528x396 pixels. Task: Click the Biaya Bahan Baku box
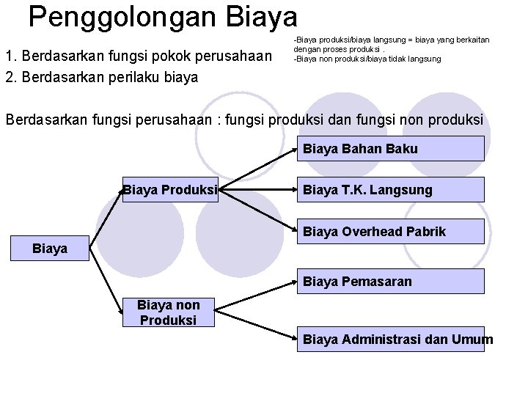(x=391, y=149)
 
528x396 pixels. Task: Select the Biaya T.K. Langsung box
(x=391, y=190)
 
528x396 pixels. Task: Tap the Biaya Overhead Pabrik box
(x=391, y=232)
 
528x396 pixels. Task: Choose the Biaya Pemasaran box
(x=391, y=281)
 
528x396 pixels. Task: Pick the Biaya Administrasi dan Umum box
(x=391, y=339)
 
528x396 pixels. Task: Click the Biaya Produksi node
(x=170, y=190)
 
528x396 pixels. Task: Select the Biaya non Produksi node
(x=169, y=313)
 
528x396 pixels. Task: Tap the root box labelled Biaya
(x=50, y=249)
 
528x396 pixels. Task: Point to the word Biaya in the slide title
(x=261, y=16)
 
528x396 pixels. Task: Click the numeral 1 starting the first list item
(x=8, y=55)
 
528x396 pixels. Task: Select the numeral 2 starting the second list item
(x=8, y=76)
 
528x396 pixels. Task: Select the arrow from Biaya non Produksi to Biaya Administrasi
(x=257, y=326)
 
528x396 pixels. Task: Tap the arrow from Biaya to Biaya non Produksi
(x=106, y=282)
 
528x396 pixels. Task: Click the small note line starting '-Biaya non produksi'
(x=367, y=59)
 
